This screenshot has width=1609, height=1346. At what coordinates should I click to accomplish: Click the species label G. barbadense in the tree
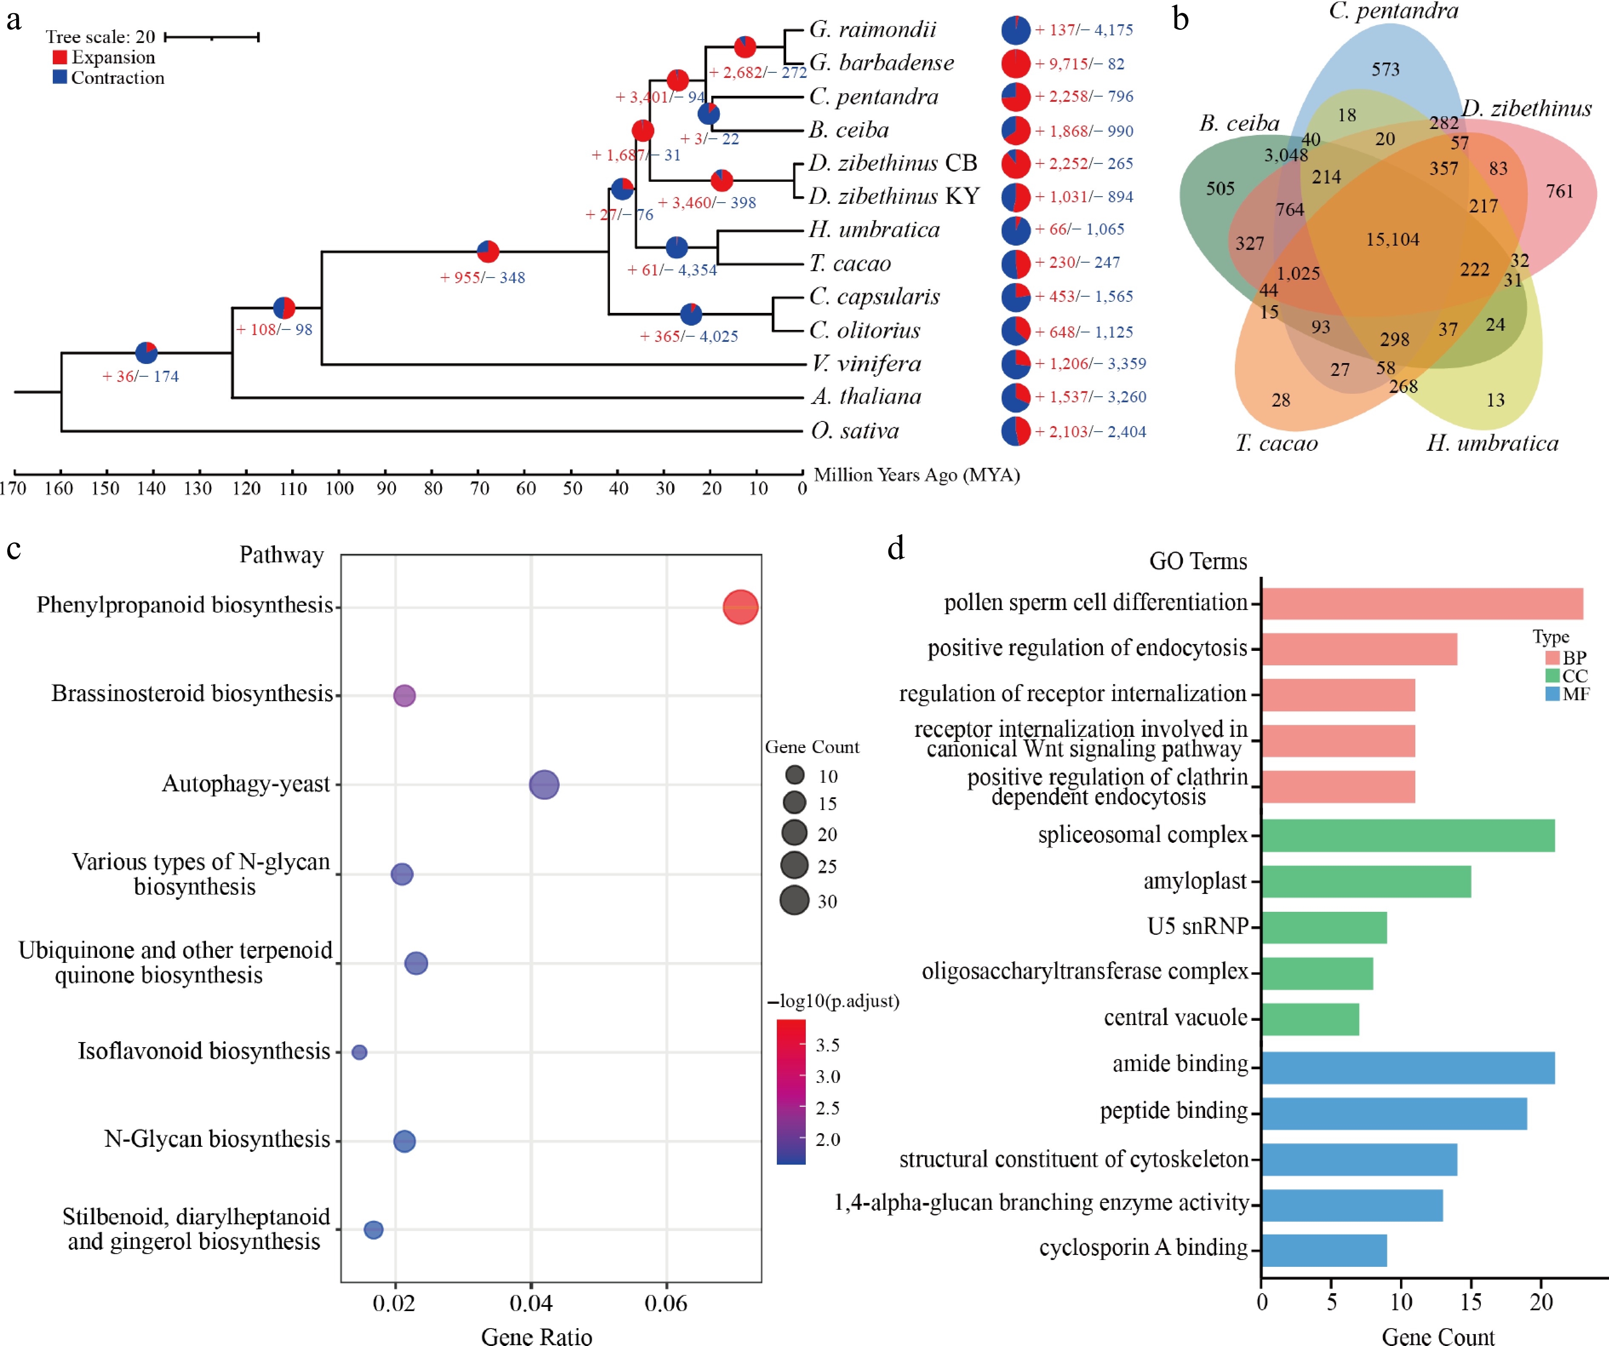pos(881,63)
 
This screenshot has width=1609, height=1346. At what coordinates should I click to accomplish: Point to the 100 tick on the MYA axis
pos(339,488)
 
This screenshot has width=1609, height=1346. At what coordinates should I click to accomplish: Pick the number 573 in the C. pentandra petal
pos(1385,70)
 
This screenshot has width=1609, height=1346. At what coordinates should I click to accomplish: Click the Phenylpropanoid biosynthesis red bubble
pos(740,607)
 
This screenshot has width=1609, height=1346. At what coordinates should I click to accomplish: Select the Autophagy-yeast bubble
pos(544,785)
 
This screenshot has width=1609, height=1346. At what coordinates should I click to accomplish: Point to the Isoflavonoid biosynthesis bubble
pos(359,1052)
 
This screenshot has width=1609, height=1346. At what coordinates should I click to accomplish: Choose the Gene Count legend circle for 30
pos(795,900)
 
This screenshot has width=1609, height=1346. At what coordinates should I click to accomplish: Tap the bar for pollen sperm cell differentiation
pos(1421,604)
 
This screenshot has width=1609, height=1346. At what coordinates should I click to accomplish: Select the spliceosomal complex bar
pos(1408,835)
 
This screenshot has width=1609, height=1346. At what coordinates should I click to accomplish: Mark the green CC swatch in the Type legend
pos(1552,676)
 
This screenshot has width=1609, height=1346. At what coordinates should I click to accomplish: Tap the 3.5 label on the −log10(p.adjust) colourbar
pos(827,1045)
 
